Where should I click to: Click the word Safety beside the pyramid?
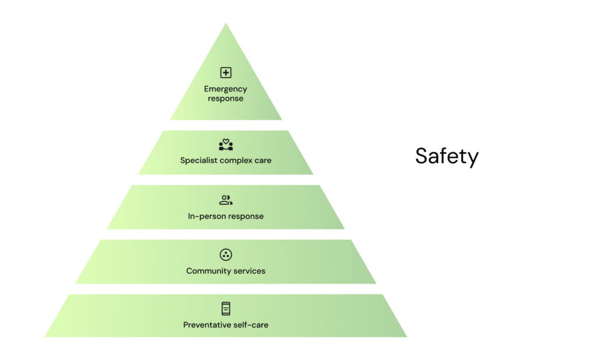[447, 156]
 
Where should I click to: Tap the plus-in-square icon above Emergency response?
[226, 72]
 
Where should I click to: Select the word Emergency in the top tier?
[226, 89]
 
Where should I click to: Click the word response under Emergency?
[226, 99]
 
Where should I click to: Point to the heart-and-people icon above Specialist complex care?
[226, 145]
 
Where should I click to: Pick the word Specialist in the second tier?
[199, 160]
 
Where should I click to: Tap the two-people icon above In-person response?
[226, 200]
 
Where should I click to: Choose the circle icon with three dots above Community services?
[226, 254]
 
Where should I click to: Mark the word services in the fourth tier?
[247, 271]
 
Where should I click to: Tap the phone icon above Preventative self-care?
[226, 309]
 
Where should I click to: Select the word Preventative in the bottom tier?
[208, 325]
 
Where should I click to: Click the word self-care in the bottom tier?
[251, 325]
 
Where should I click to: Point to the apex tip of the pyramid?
[226, 24]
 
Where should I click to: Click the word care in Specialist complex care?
[263, 160]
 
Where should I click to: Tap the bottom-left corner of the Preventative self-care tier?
[45, 337]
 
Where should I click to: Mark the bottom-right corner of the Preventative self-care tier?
[406, 337]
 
